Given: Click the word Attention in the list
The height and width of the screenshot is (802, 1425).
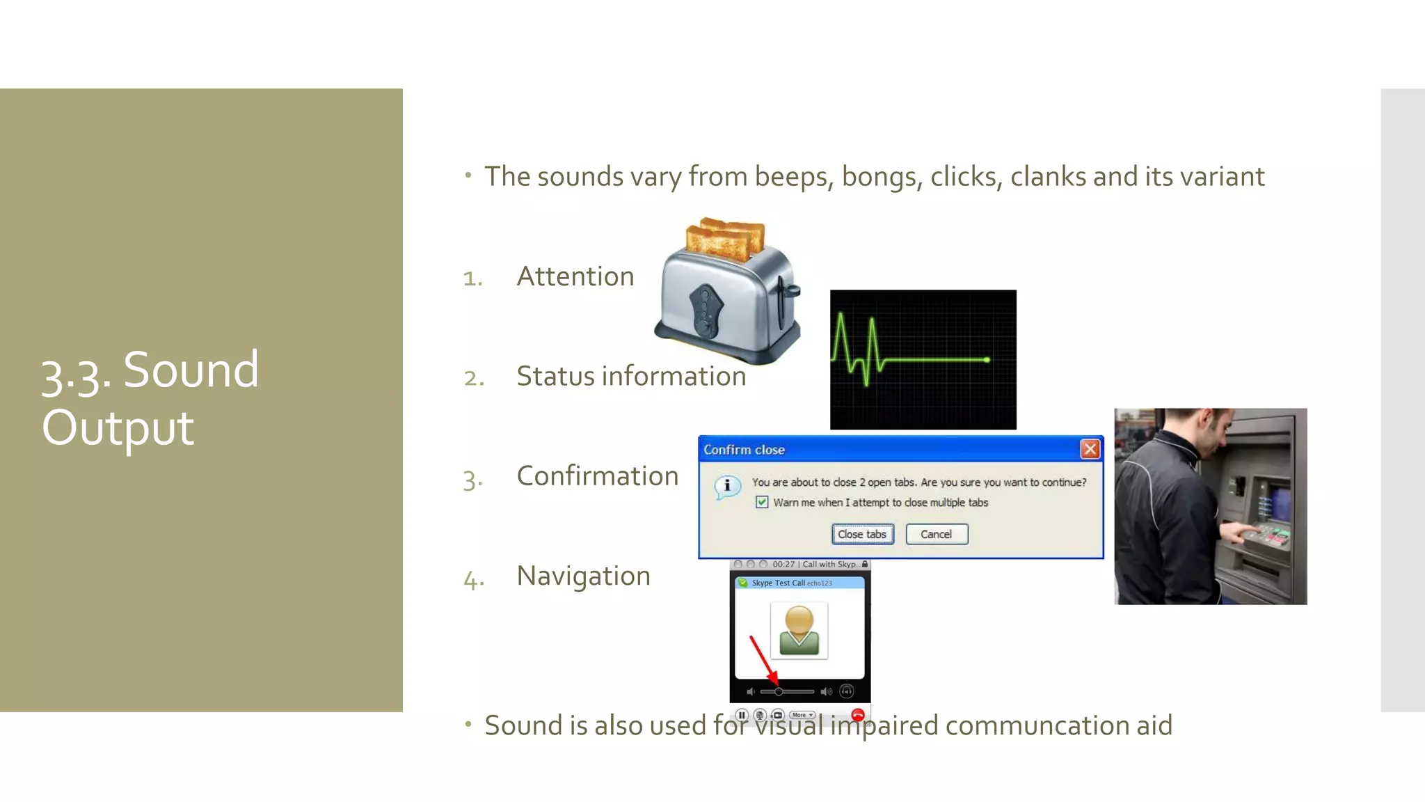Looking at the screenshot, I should pos(575,276).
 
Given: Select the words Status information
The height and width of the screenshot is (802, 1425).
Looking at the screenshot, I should pos(630,376).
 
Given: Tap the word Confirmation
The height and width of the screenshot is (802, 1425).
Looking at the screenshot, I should pos(597,476).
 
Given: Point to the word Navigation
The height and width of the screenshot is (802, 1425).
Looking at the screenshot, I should pos(583,576).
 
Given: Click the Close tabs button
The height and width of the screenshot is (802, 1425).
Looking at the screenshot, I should pos(862,534).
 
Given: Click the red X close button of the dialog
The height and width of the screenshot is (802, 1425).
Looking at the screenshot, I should pos(1090,449).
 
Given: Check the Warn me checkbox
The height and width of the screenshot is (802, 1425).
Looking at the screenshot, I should pos(762,502).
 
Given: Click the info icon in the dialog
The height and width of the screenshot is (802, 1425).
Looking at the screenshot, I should pos(727,485).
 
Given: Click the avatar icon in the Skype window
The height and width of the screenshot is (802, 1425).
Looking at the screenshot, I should pos(799,630).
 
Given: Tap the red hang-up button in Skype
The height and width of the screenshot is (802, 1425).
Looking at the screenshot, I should pos(857,715).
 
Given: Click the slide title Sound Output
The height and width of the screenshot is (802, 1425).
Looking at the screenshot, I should pos(150,398).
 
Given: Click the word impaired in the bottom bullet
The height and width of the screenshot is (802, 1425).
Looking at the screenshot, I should pos(884,725).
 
